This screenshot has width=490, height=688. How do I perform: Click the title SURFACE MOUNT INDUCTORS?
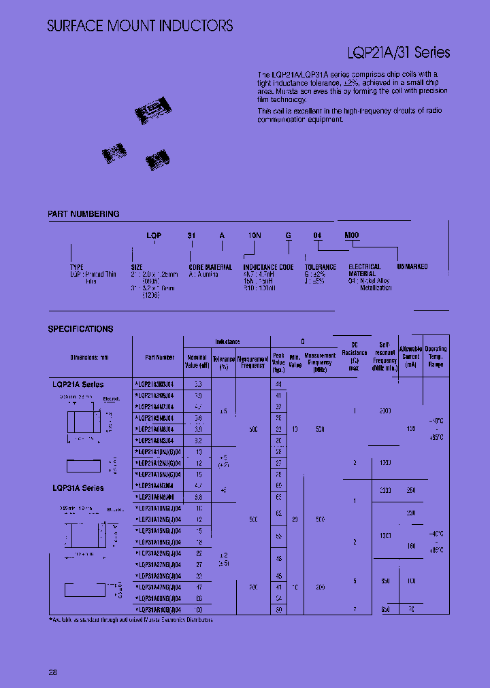(x=140, y=26)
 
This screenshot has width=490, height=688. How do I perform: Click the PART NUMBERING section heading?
(x=84, y=214)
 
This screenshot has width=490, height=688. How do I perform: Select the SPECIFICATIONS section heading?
(x=80, y=329)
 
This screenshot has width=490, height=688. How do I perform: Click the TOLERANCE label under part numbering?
(x=320, y=267)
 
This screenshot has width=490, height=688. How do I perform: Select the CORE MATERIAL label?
(x=210, y=267)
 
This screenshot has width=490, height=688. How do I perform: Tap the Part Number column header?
(x=159, y=357)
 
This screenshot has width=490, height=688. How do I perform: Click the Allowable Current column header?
(x=410, y=357)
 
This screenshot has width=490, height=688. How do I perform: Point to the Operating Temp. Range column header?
(x=436, y=357)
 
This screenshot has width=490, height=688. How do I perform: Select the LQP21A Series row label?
(x=78, y=385)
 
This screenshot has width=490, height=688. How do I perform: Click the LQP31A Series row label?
(x=78, y=488)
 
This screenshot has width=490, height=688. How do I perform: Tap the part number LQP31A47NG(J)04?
(x=158, y=587)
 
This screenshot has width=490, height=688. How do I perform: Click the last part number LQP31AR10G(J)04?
(x=158, y=610)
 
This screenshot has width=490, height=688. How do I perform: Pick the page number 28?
(x=52, y=672)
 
